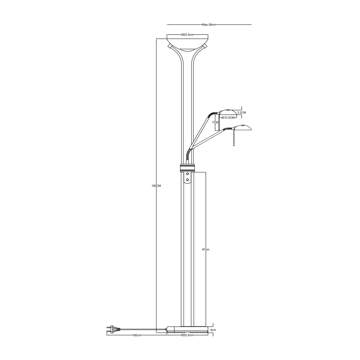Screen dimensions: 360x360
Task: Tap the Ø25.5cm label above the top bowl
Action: tap(188, 35)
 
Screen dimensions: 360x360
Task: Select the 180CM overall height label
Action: tap(156, 186)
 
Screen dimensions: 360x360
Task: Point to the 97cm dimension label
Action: tap(206, 250)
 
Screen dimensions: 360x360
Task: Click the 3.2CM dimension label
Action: tap(241, 112)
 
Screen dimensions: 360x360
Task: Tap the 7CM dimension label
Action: tap(215, 123)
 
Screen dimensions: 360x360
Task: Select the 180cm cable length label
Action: tap(135, 335)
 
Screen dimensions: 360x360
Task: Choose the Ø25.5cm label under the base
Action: tap(188, 335)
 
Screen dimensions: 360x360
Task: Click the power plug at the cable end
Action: tap(111, 330)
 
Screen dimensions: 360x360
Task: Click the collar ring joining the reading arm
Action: tap(188, 168)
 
